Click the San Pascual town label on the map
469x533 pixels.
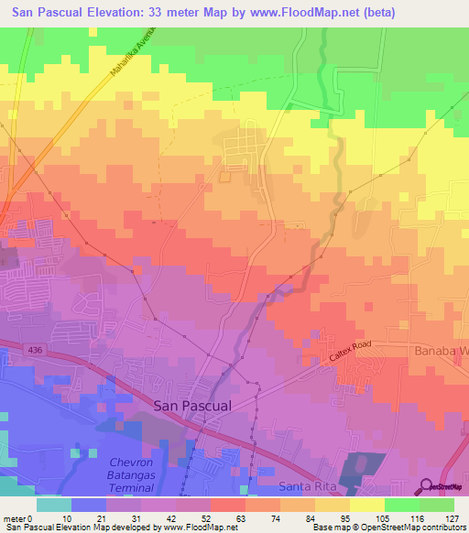[192, 404]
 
